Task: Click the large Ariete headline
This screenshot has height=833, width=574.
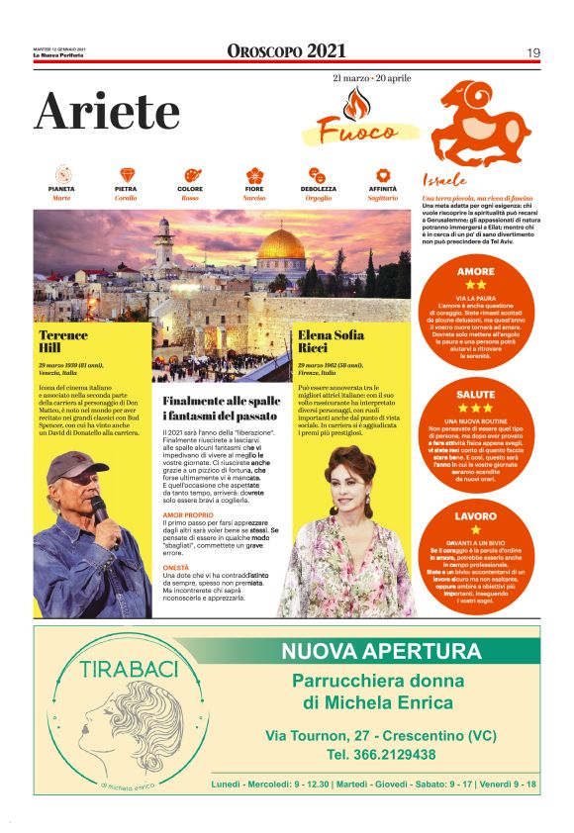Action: pos(108,112)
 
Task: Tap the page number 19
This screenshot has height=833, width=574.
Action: pos(532,52)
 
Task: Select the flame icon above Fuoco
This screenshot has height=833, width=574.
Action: pos(353,102)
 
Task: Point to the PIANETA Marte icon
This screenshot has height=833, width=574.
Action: pos(61,174)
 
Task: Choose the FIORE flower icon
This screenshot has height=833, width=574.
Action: pos(254,174)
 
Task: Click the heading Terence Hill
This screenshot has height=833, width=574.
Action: pos(63,342)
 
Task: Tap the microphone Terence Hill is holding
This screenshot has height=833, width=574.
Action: pos(99,509)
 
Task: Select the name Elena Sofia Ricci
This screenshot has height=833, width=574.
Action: pos(331,342)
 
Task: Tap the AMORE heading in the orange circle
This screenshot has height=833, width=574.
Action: pos(476,271)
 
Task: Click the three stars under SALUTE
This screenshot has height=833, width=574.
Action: pos(476,407)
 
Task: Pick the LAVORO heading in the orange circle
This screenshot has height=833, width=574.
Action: pos(476,516)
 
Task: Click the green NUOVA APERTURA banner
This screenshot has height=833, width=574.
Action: pos(380,652)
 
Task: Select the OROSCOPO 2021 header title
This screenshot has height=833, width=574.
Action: pos(286,51)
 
